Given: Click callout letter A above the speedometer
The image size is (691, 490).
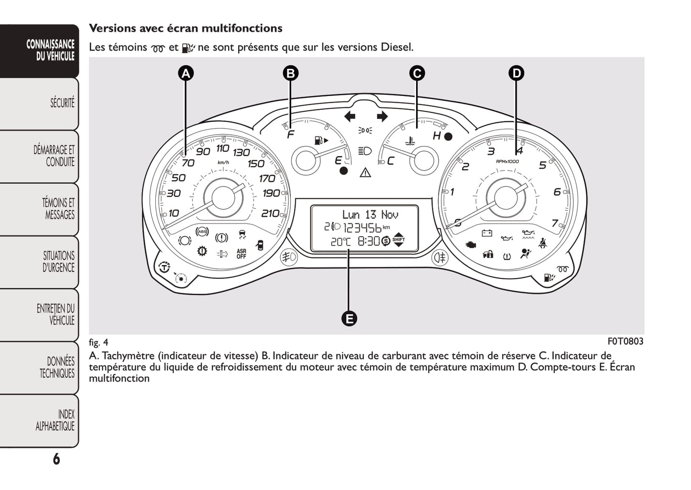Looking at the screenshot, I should pyautogui.click(x=186, y=73).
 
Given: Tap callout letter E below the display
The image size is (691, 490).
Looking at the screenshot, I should pyautogui.click(x=349, y=318).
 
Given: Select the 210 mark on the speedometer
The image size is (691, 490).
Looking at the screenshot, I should pyautogui.click(x=270, y=213).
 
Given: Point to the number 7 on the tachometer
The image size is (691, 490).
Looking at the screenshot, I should pyautogui.click(x=555, y=223).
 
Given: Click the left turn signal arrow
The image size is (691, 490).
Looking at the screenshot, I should pyautogui.click(x=350, y=116).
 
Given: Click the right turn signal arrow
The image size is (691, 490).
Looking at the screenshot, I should pyautogui.click(x=382, y=116).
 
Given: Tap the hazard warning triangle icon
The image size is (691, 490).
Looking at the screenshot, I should pyautogui.click(x=365, y=172).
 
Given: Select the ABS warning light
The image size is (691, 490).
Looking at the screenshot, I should pyautogui.click(x=202, y=232).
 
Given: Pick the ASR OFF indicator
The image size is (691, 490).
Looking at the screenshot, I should pyautogui.click(x=241, y=254).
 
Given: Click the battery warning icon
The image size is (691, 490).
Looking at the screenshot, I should pyautogui.click(x=487, y=233).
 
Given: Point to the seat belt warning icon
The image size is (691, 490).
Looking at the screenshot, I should pyautogui.click(x=542, y=243).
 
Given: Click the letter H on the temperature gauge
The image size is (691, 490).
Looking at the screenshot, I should pyautogui.click(x=436, y=136).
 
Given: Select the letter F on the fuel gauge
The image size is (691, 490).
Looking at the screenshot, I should pyautogui.click(x=290, y=135).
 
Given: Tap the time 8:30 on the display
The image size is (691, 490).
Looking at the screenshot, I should pyautogui.click(x=368, y=241).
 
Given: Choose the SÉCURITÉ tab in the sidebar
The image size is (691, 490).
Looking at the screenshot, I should pyautogui.click(x=62, y=103).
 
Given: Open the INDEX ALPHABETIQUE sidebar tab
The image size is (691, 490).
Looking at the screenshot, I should pyautogui.click(x=55, y=420).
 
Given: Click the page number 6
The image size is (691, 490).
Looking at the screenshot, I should pyautogui.click(x=56, y=459).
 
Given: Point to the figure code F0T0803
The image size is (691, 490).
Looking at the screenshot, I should pyautogui.click(x=625, y=341).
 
